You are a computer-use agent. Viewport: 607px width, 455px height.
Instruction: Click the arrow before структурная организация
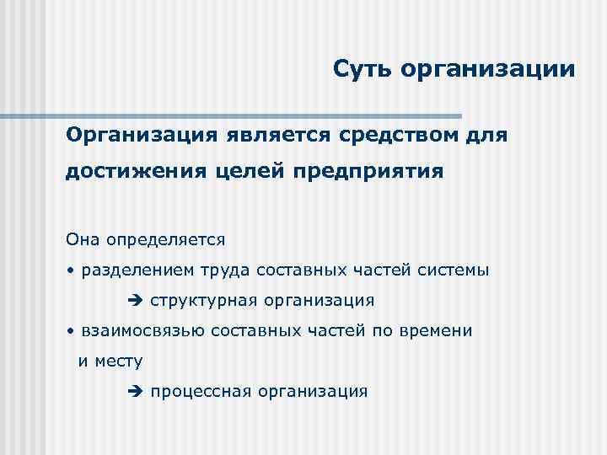tap(138, 301)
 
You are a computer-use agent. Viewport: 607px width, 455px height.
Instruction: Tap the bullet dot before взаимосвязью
tap(73, 331)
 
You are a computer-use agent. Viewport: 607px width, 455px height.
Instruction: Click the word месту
tap(119, 361)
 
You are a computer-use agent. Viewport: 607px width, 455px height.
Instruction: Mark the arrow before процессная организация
tap(138, 391)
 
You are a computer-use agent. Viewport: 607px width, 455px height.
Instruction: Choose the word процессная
tap(201, 391)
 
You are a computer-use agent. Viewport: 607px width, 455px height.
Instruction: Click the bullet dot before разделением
tap(73, 270)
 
